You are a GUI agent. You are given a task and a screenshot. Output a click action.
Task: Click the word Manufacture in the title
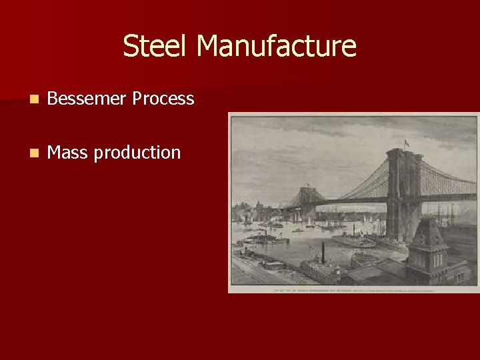click(x=277, y=47)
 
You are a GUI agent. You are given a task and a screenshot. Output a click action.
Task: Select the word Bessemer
click(x=87, y=99)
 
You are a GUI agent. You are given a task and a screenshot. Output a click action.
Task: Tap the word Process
click(x=163, y=99)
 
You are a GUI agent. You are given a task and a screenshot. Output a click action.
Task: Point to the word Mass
click(x=67, y=153)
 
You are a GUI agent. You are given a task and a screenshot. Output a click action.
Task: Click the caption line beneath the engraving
click(x=353, y=289)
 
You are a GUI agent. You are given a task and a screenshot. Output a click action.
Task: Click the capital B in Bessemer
click(x=53, y=99)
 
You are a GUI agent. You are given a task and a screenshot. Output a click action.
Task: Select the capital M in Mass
click(x=53, y=153)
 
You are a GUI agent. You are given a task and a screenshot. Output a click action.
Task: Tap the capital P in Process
click(x=137, y=99)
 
